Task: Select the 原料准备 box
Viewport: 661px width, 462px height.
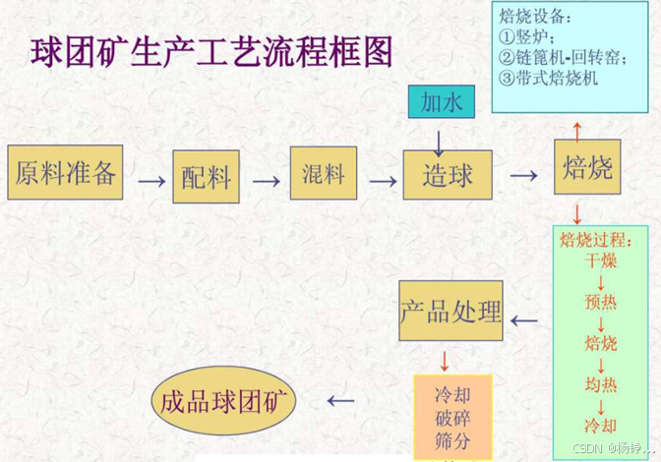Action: (66, 174)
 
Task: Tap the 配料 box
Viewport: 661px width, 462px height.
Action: (207, 177)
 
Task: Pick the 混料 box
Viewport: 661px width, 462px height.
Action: (322, 175)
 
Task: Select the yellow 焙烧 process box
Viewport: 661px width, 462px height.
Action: (588, 170)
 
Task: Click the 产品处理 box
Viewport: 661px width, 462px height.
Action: (451, 312)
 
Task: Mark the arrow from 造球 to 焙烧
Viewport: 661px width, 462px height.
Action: (524, 175)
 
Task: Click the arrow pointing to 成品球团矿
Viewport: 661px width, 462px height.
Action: (339, 400)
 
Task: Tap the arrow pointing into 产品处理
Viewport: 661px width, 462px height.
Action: (524, 319)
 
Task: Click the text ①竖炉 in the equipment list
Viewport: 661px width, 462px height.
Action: (527, 37)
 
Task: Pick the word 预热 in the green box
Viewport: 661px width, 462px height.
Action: (600, 301)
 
